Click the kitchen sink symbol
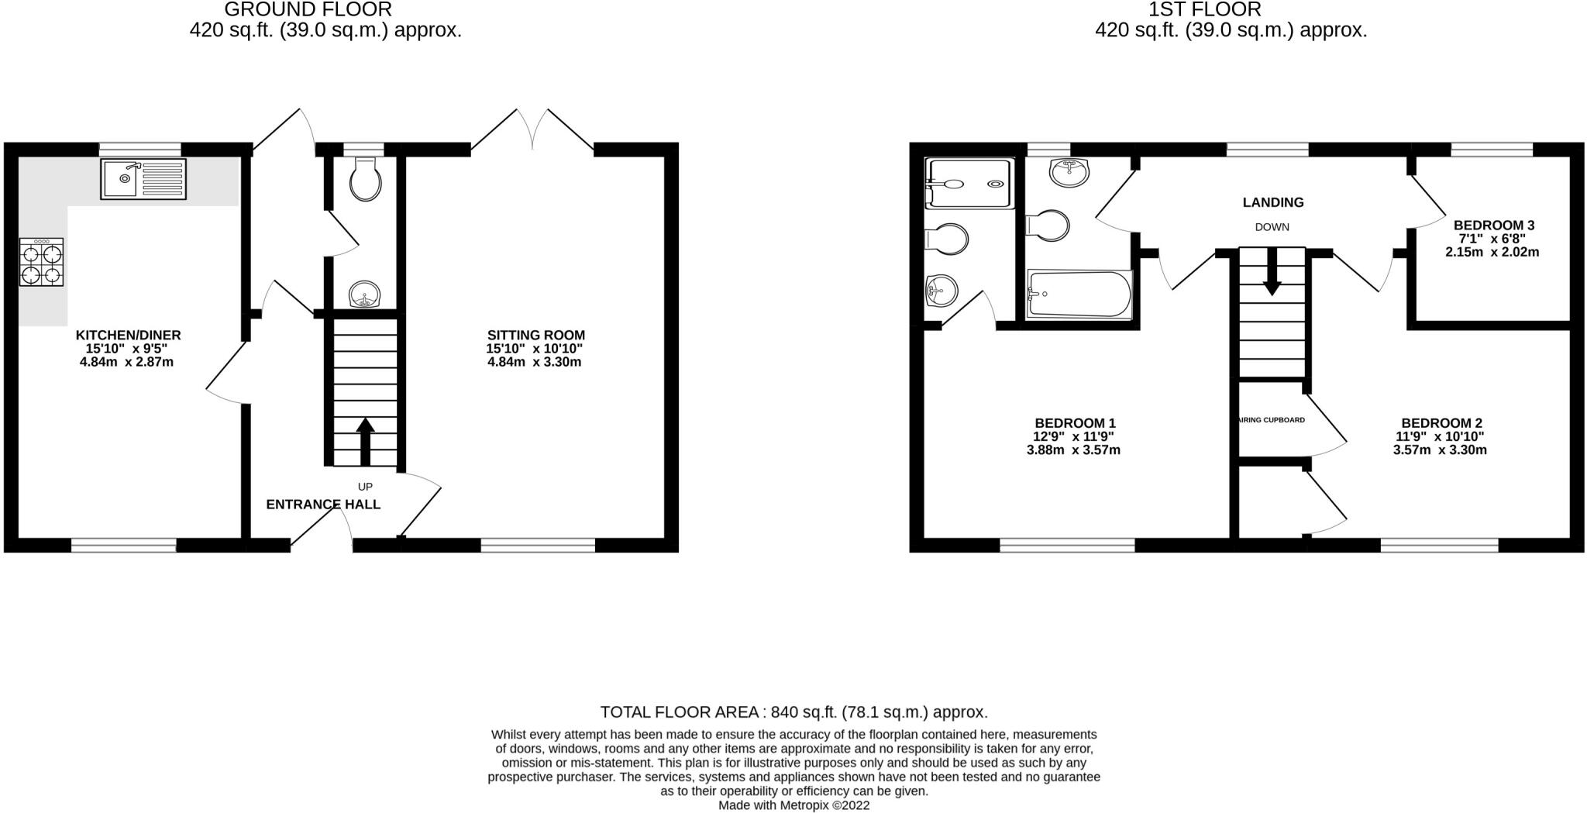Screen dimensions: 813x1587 click(143, 179)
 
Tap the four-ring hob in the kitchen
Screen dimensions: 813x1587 click(41, 263)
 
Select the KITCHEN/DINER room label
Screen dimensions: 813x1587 click(128, 336)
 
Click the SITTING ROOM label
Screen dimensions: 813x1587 click(535, 336)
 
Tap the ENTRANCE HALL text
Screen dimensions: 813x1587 click(323, 505)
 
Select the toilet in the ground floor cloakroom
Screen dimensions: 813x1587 click(365, 180)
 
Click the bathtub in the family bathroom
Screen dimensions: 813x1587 click(1079, 294)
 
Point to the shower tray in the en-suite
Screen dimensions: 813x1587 click(969, 184)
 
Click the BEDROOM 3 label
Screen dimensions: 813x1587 click(1493, 226)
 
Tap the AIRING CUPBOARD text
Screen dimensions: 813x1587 click(1272, 420)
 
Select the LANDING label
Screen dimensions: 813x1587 click(1272, 202)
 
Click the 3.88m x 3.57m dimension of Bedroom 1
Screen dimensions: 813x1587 click(1073, 450)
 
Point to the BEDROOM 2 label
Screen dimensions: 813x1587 click(1441, 423)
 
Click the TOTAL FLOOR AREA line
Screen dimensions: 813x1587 click(793, 712)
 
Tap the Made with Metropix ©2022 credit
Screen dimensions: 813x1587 click(793, 805)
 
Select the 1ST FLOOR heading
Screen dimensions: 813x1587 click(1230, 9)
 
